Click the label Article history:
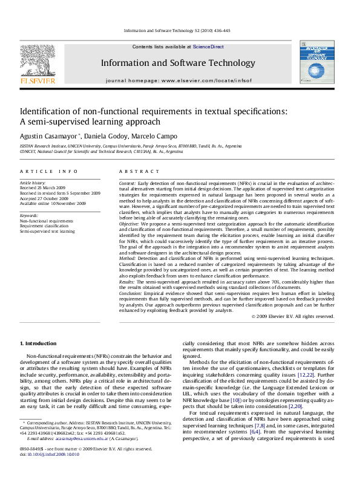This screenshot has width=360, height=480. [x=33, y=182]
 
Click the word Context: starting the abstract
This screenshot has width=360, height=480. [x=127, y=183]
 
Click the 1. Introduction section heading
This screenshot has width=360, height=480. [x=38, y=344]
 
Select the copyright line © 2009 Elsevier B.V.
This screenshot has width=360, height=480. [x=292, y=316]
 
